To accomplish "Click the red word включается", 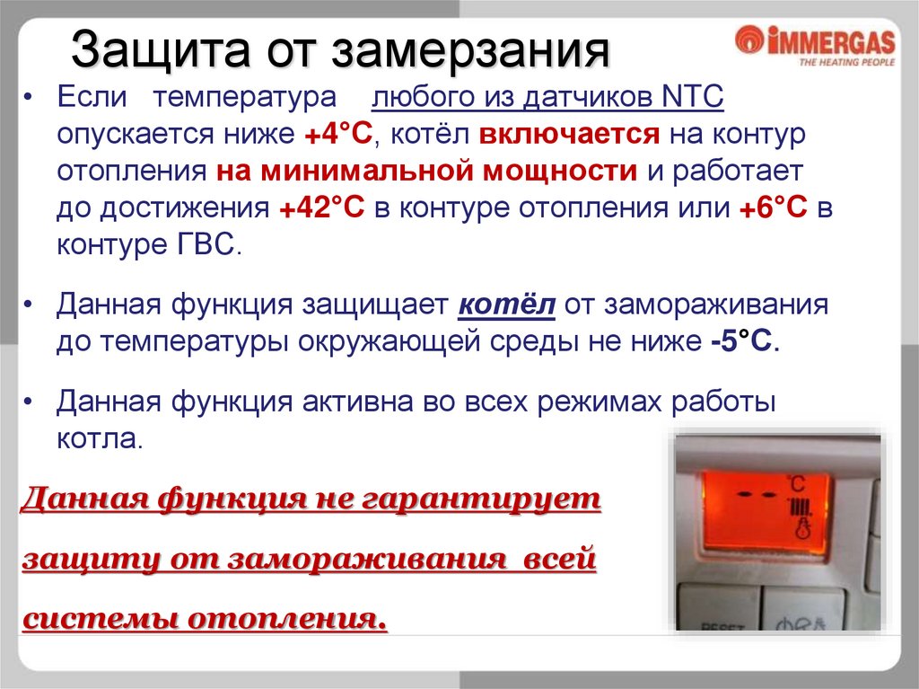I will pos(569,135).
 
